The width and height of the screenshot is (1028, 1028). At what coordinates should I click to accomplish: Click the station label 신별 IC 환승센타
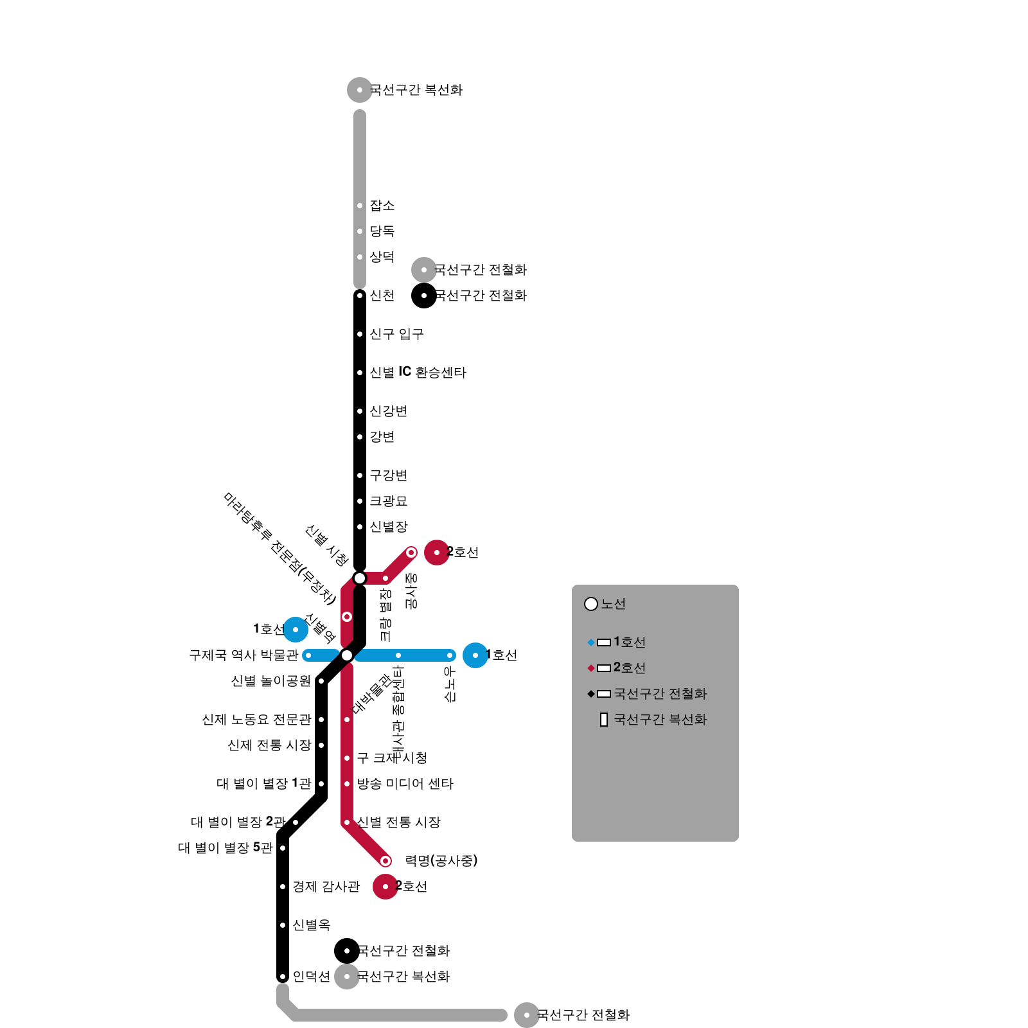coord(418,373)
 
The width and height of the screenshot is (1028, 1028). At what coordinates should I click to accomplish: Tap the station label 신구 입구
coord(396,334)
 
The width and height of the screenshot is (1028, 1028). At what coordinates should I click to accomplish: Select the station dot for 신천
coord(360,296)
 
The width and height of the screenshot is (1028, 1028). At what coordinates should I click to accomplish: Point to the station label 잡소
coord(382,206)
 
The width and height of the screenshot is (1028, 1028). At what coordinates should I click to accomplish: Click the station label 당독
coord(382,231)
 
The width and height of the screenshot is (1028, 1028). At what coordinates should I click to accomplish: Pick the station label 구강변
coord(388,475)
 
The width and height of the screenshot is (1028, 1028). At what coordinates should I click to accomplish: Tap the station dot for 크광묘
coord(360,501)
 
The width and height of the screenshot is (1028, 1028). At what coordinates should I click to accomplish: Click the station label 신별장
coord(388,527)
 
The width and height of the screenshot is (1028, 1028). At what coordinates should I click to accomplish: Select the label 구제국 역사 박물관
coord(244,655)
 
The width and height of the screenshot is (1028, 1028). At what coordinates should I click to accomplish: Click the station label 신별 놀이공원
coord(270,681)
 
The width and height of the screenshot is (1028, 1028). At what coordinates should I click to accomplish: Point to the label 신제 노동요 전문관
coord(256,720)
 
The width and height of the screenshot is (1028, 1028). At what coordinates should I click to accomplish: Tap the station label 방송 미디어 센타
coord(405,784)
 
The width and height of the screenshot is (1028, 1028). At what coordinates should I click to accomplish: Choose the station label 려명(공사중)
coord(441,861)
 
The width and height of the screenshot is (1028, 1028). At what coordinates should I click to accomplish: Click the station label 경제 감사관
coord(326,887)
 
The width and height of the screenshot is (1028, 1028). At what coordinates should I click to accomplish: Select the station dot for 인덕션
coord(283,977)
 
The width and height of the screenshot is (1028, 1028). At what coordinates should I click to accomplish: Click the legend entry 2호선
coord(629,668)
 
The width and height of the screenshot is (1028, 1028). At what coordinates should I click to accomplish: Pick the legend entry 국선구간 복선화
coord(660,720)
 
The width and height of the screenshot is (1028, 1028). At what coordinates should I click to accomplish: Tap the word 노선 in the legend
coord(613,604)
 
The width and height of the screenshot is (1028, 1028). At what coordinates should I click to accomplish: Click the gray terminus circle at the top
coord(360,90)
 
